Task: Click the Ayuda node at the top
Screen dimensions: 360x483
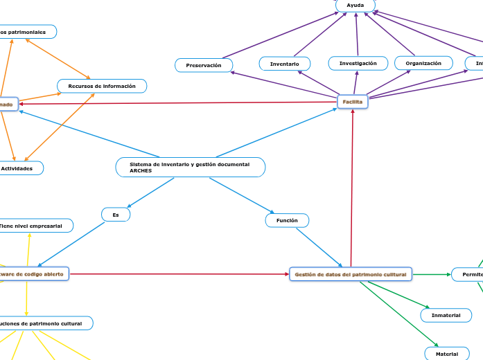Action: click(355, 6)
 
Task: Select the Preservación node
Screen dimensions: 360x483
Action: click(204, 65)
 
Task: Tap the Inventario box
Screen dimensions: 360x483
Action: click(285, 64)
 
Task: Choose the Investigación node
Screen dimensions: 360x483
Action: click(358, 63)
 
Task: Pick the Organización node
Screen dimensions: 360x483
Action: click(423, 63)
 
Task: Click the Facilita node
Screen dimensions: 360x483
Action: click(352, 102)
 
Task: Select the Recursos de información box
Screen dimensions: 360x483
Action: click(102, 86)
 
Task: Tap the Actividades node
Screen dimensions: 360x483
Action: click(19, 168)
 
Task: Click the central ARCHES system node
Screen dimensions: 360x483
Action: click(190, 167)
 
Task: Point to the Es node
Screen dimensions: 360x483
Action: click(116, 215)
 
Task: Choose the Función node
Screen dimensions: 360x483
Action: click(287, 220)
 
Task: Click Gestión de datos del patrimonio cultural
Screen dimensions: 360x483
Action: click(350, 275)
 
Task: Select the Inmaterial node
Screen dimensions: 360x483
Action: click(446, 315)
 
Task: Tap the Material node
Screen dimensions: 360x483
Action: click(446, 354)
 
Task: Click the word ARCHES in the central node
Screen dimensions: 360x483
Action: click(141, 171)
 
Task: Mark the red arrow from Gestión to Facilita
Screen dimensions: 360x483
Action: click(352, 187)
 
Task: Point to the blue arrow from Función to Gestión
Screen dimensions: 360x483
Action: click(319, 247)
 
